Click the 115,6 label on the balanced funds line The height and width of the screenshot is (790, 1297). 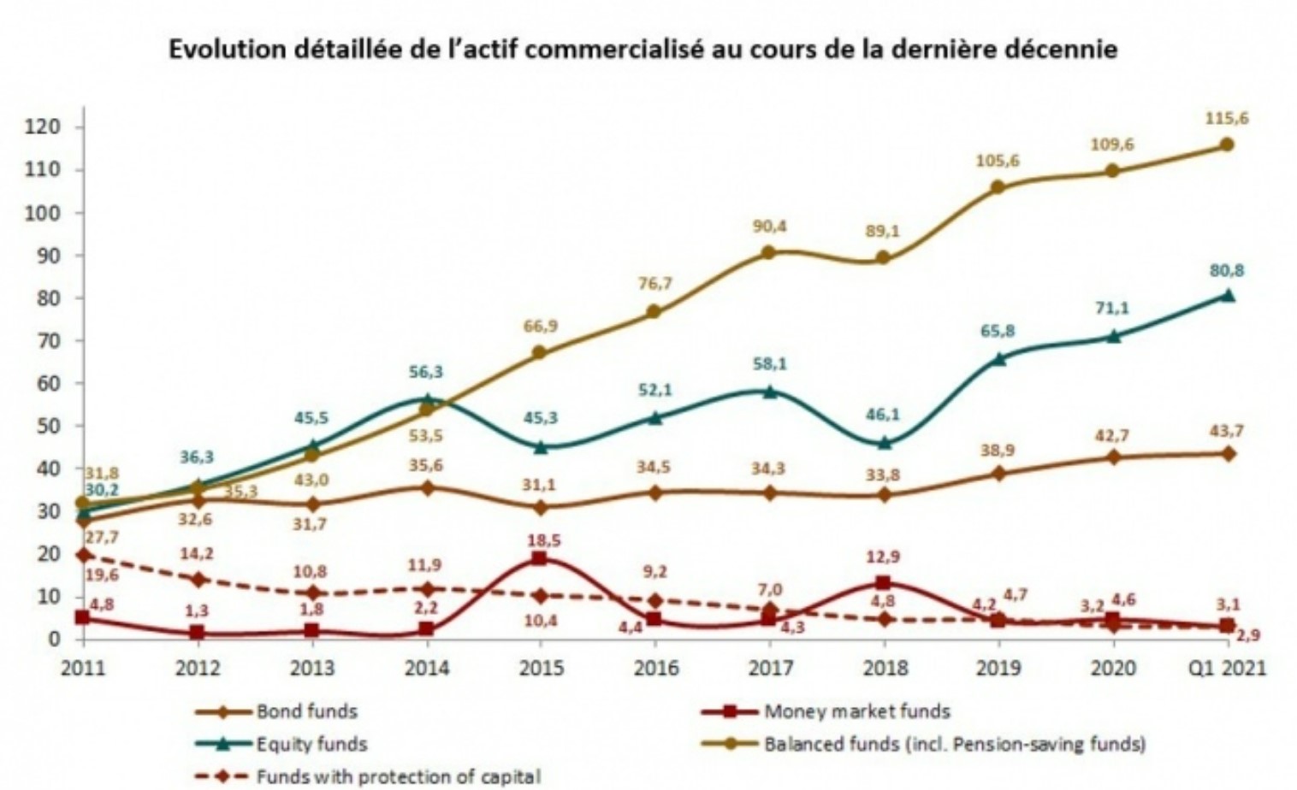[1226, 119]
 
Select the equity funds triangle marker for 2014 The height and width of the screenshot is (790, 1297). [426, 398]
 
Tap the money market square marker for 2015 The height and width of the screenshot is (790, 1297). [540, 558]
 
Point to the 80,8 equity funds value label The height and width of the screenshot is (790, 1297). [1226, 271]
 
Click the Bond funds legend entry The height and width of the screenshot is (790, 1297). [306, 711]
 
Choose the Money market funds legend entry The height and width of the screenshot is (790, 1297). [856, 711]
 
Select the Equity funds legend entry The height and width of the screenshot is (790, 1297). [311, 744]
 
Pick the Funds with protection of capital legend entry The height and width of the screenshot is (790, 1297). [398, 776]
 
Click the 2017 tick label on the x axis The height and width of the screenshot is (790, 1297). [770, 668]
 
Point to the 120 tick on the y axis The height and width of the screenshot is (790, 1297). [43, 127]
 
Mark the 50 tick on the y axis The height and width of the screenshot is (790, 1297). [47, 426]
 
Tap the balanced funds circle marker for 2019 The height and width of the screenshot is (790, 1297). [998, 187]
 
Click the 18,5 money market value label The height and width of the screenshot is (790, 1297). [540, 540]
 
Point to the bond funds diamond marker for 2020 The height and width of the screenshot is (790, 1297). [1112, 457]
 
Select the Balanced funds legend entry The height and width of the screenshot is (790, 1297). [954, 744]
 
